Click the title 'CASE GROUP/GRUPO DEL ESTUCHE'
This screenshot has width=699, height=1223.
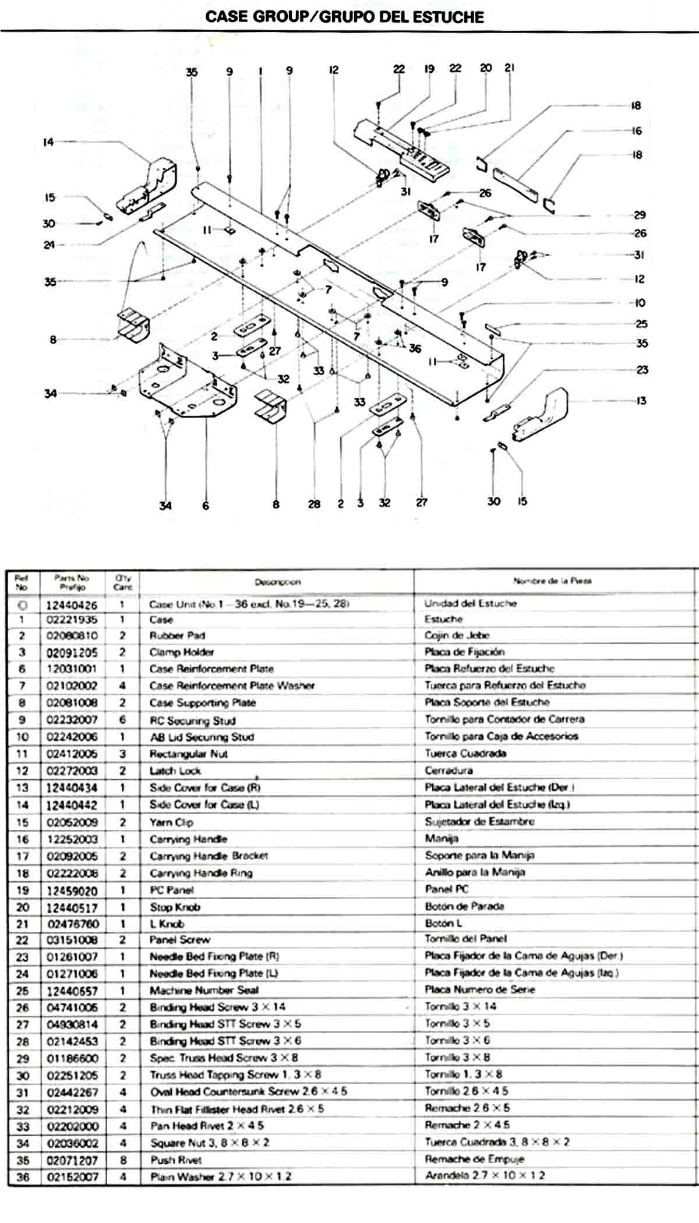tap(344, 16)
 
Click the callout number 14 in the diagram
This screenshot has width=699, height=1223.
tap(48, 142)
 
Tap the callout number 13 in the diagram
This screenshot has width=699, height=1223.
tap(641, 401)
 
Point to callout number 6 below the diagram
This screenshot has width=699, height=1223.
tap(206, 506)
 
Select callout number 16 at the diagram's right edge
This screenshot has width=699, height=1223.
tap(637, 130)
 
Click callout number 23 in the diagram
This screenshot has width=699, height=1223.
tap(642, 369)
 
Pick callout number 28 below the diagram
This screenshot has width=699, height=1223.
tap(314, 504)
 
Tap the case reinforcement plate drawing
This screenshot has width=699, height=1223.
tap(186, 384)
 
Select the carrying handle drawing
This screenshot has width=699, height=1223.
tap(516, 183)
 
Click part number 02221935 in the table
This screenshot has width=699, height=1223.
tap(72, 620)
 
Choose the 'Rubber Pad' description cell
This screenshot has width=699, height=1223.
tap(177, 635)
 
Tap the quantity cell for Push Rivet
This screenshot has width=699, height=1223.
tap(122, 1160)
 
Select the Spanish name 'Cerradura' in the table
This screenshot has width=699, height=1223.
tap(449, 770)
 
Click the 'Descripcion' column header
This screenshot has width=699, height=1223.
tap(277, 582)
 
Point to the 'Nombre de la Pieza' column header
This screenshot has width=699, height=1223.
tap(552, 581)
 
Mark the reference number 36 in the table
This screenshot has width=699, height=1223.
tap(23, 1177)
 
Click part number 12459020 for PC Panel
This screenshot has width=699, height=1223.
tap(72, 891)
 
